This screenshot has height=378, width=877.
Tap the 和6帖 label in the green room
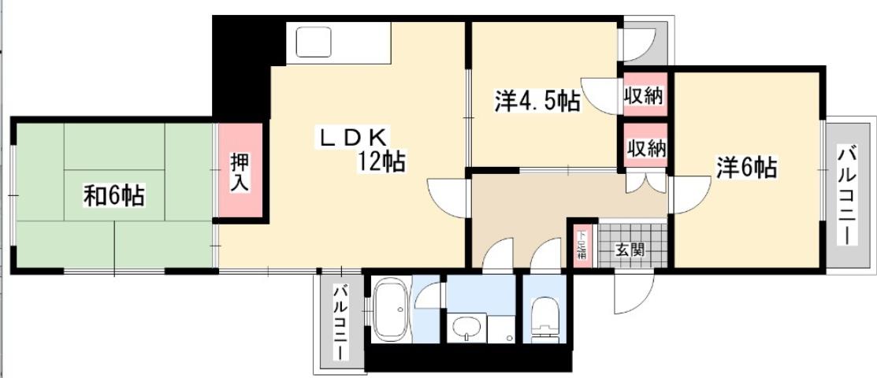point(113,195)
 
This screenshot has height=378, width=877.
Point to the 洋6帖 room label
point(745,167)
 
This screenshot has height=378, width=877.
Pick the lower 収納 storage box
point(645,146)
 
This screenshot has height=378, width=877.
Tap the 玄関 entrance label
point(630,251)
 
